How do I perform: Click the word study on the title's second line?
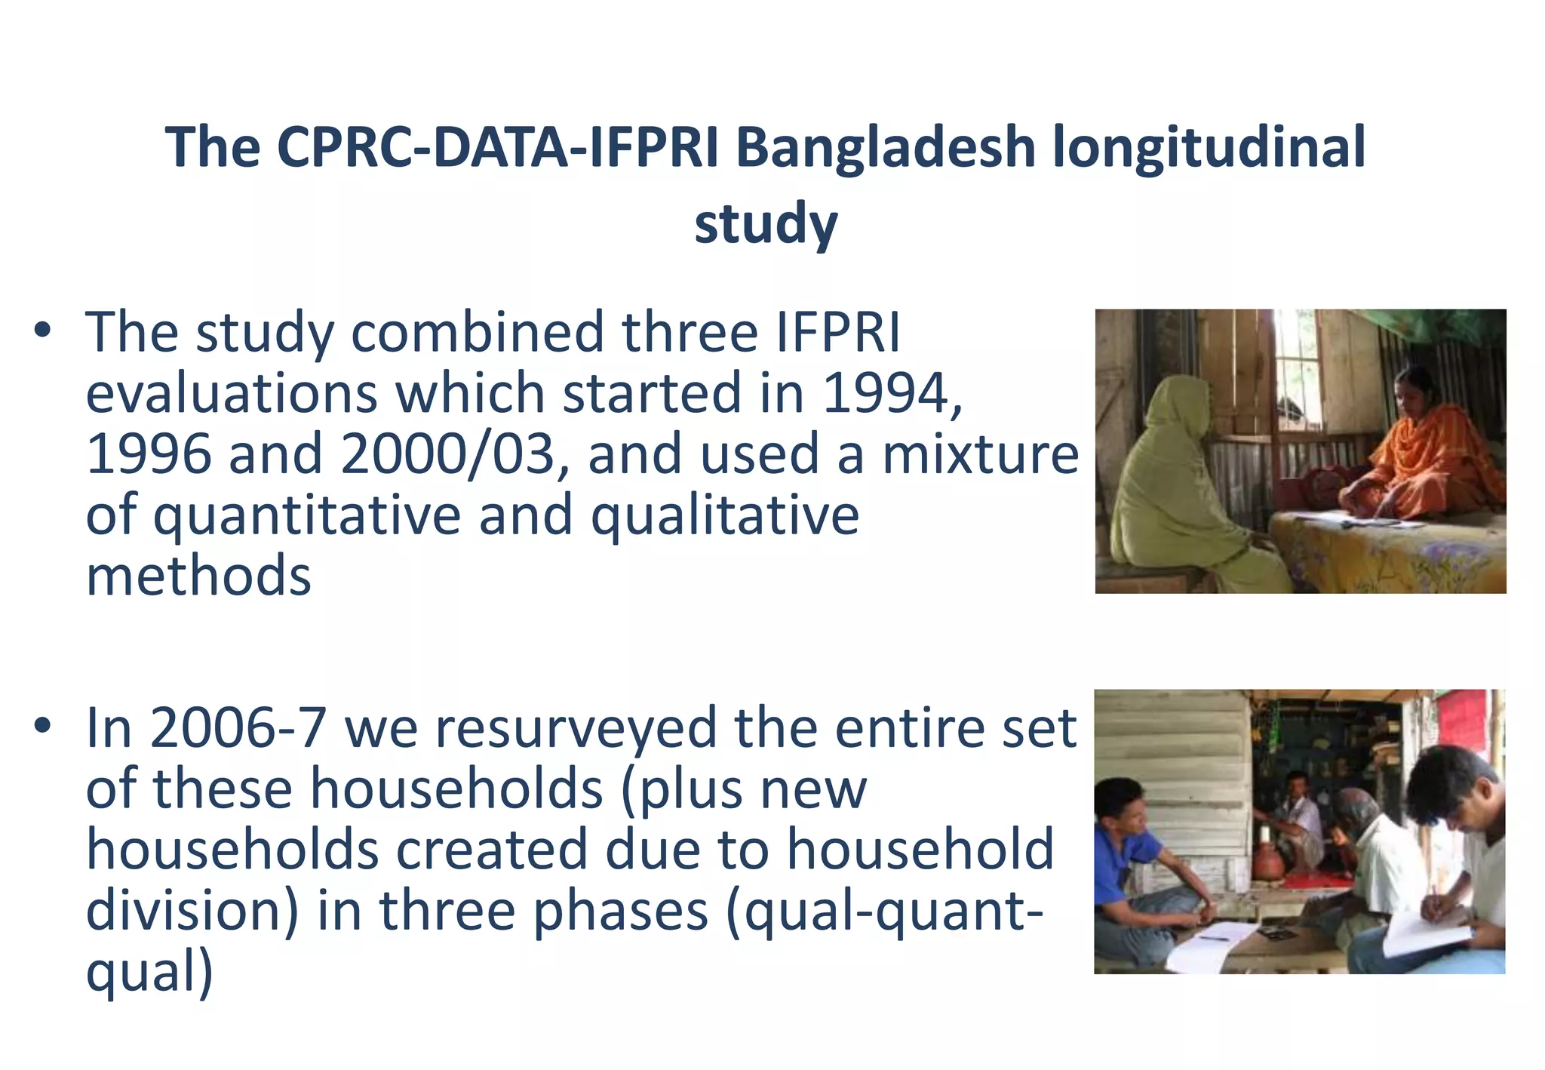click(x=766, y=224)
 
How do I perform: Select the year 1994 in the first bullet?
click(x=886, y=394)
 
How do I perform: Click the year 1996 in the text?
click(x=149, y=455)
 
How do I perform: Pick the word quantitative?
click(x=307, y=516)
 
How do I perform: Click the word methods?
click(x=198, y=576)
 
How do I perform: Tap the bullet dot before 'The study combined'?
click(x=43, y=330)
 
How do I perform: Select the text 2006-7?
click(x=238, y=729)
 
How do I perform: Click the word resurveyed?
click(x=576, y=729)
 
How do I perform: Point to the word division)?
click(x=192, y=912)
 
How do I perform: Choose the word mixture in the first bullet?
click(x=981, y=455)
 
